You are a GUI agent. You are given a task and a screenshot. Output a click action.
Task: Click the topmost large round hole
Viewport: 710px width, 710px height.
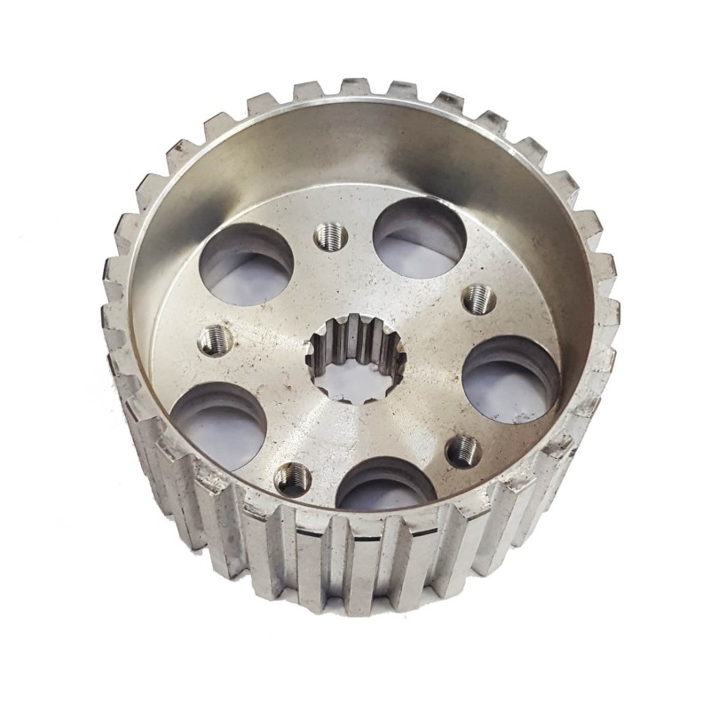[419, 236]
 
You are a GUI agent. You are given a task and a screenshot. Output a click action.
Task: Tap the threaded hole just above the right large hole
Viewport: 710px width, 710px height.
[478, 297]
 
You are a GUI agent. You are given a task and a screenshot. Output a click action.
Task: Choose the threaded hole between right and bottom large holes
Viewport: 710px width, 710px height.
[461, 452]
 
